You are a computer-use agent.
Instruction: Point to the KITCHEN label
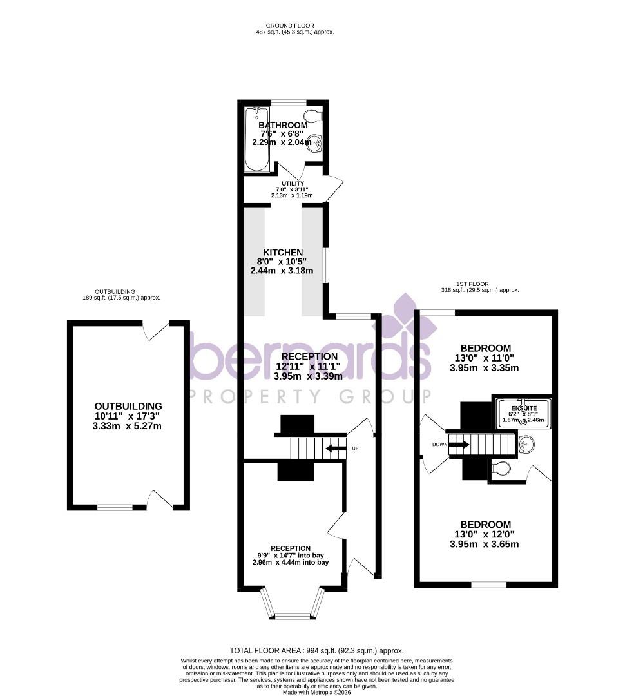pyautogui.click(x=282, y=252)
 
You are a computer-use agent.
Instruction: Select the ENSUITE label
pyautogui.click(x=524, y=408)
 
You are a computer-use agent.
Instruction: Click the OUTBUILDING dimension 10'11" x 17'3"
pyautogui.click(x=128, y=416)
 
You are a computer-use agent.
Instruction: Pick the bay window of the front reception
pyautogui.click(x=292, y=606)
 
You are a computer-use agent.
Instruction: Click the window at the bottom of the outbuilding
pyautogui.click(x=115, y=508)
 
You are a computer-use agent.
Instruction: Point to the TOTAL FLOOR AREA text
pyautogui.click(x=316, y=651)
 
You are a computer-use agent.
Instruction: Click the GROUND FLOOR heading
pyautogui.click(x=294, y=26)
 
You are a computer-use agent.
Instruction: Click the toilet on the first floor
pyautogui.click(x=501, y=469)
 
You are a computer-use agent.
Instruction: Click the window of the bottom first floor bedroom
pyautogui.click(x=488, y=585)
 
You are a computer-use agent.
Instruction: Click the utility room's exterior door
pyautogui.click(x=334, y=188)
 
